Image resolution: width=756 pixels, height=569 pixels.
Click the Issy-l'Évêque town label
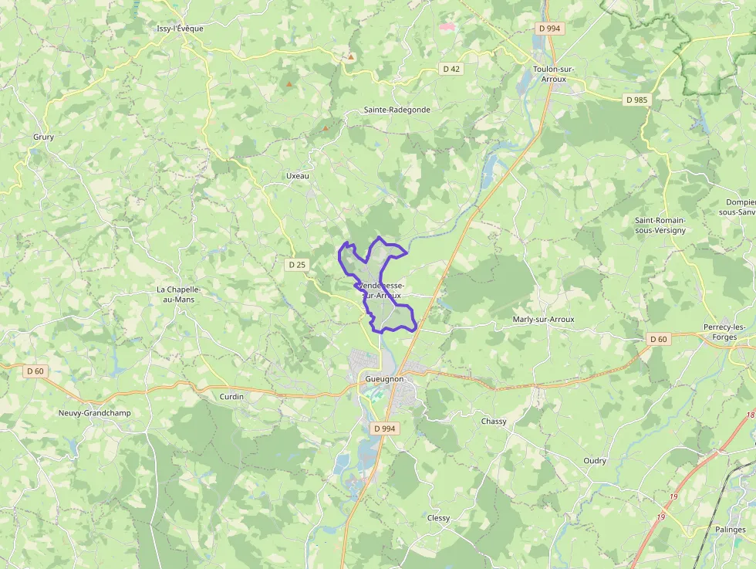[x=180, y=29]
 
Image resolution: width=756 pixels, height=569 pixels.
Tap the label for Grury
[x=43, y=137]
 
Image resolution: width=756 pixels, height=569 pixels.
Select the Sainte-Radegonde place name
[x=397, y=110]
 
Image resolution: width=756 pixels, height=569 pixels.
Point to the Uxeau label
[x=297, y=176]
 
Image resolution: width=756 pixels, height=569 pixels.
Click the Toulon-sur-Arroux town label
[x=549, y=73]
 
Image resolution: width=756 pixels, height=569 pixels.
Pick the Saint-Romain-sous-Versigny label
[x=660, y=225]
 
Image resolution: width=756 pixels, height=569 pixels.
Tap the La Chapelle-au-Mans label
[x=178, y=294]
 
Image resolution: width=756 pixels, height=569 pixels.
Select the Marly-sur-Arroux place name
[x=543, y=319]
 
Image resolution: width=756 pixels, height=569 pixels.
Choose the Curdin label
[x=231, y=397]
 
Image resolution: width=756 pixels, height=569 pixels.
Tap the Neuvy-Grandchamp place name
[x=94, y=413]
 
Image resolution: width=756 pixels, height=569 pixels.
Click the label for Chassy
[x=494, y=422]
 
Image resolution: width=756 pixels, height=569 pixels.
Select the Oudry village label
[x=595, y=461]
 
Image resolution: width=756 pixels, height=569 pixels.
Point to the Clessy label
[x=438, y=518]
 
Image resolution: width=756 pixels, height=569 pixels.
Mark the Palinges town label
[x=730, y=530]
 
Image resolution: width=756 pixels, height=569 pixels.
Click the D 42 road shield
[x=451, y=69]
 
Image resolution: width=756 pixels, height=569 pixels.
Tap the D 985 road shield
[x=637, y=100]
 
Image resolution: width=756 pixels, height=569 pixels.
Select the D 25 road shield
[x=297, y=265]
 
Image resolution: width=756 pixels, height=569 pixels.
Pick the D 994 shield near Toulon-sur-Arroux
[x=550, y=29]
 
